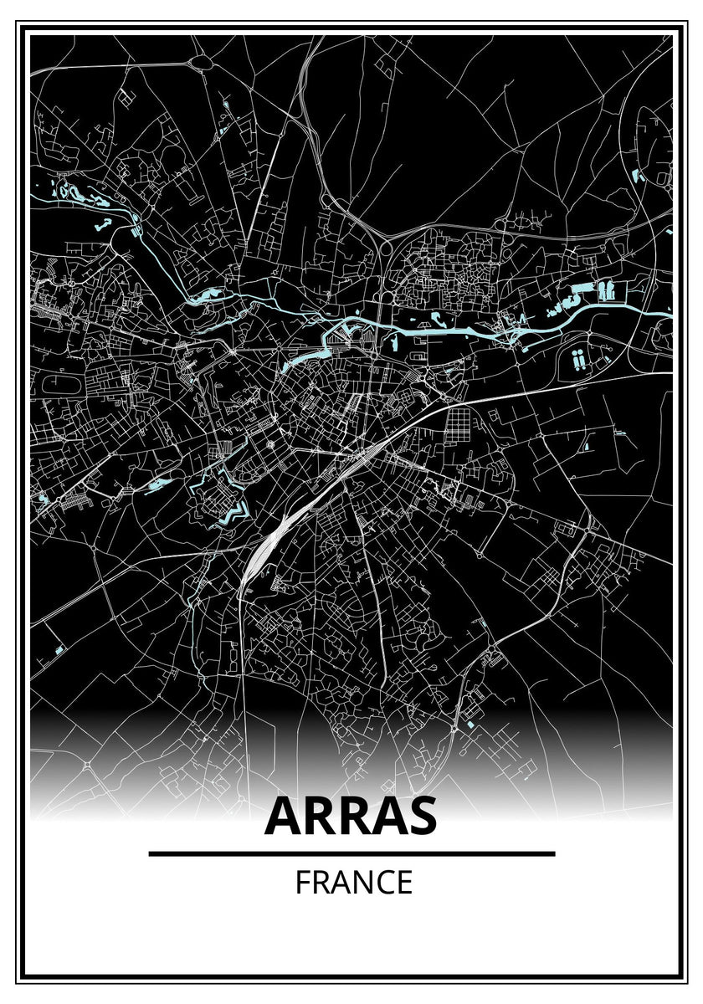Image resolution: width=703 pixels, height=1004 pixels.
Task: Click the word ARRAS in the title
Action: point(351,817)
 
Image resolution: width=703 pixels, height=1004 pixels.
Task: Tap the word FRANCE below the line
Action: point(353,883)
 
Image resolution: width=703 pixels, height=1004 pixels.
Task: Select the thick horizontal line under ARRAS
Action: point(351,853)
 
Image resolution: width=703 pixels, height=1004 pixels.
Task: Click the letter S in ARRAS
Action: point(421,817)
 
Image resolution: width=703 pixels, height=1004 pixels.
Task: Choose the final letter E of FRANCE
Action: point(404,883)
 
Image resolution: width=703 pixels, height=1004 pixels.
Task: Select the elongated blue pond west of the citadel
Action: point(157,484)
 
